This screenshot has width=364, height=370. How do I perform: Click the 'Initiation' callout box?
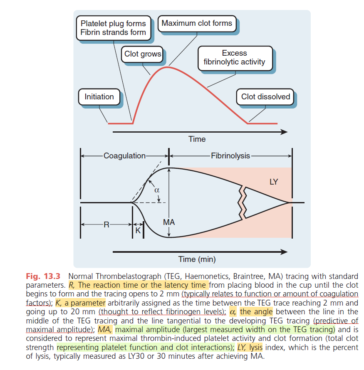tap(99, 97)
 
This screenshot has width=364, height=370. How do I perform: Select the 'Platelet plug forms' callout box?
tap(113, 28)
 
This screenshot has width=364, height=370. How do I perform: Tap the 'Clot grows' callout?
tap(143, 54)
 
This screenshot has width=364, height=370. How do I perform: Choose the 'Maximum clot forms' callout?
tap(197, 23)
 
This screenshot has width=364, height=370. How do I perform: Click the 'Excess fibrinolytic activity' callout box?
tap(234, 58)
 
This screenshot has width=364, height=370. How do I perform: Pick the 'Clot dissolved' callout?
tap(265, 97)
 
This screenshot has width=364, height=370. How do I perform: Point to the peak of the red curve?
tap(167, 67)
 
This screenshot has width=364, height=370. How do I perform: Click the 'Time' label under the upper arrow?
tap(197, 139)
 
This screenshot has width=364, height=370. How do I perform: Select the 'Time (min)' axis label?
tap(197, 259)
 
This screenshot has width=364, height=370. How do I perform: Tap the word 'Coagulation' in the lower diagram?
tap(124, 156)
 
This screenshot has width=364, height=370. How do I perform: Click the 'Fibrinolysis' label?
tap(230, 156)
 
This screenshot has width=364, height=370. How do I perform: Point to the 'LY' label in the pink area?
tap(274, 182)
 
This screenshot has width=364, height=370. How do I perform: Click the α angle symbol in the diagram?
tap(157, 190)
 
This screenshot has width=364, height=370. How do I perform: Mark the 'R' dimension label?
tap(106, 225)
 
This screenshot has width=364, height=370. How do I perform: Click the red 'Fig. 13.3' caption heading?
tap(43, 276)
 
